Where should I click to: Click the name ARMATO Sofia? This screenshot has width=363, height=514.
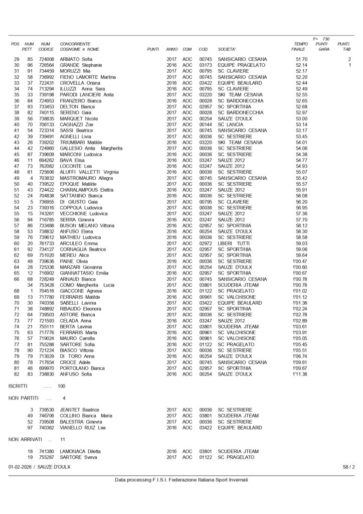point(77,59)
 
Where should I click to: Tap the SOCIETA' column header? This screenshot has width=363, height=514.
point(227,49)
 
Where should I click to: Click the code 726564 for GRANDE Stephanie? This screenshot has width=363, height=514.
point(46,65)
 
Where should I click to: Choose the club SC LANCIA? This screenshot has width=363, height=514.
point(231,124)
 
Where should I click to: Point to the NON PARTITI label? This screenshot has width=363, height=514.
point(23,398)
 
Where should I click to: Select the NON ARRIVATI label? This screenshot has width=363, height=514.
point(24,439)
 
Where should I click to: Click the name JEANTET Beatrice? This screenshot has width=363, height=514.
point(80,410)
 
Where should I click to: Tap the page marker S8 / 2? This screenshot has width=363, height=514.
point(348,467)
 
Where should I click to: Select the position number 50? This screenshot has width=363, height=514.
point(16,184)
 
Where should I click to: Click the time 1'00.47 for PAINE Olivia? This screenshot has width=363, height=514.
point(300,261)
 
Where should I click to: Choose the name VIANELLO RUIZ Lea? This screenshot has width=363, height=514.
point(83,427)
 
